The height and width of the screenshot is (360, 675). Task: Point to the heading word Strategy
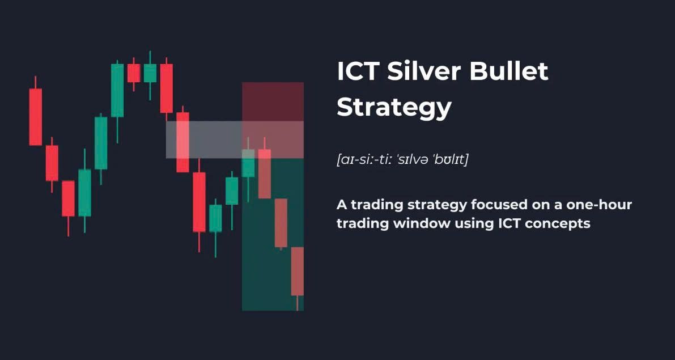point(394,107)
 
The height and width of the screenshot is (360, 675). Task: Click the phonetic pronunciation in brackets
point(402,159)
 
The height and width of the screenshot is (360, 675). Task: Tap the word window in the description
point(422,223)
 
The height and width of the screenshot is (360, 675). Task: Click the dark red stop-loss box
point(273,101)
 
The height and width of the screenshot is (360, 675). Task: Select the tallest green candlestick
point(117,90)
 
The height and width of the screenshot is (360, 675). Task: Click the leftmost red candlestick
point(36,116)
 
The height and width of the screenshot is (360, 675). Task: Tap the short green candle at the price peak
point(150,73)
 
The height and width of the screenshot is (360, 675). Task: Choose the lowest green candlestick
point(215,218)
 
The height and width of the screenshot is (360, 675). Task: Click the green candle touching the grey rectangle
point(248,163)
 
